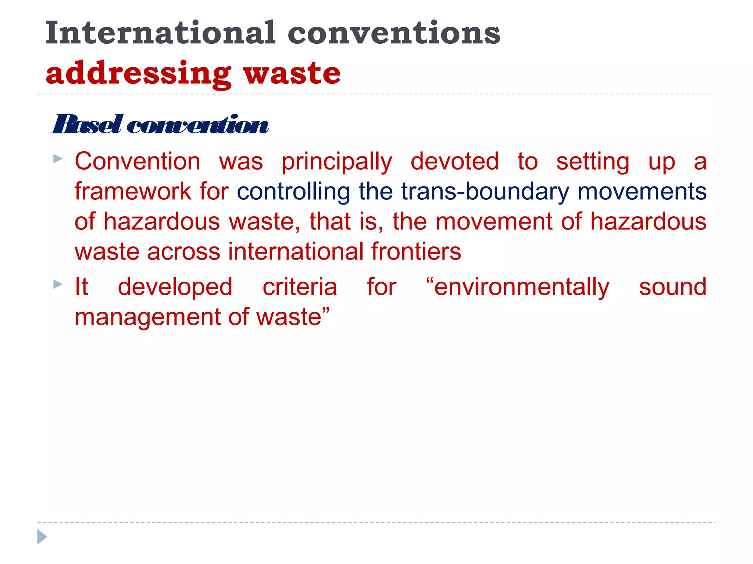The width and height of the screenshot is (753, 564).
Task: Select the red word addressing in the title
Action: pyautogui.click(x=138, y=73)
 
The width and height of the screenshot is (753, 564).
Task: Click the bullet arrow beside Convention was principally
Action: pyautogui.click(x=58, y=159)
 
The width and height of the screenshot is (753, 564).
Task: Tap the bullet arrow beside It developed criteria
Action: pyautogui.click(x=58, y=284)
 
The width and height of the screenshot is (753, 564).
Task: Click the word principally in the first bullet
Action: pyautogui.click(x=337, y=162)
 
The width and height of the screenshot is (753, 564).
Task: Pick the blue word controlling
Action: pyautogui.click(x=293, y=192)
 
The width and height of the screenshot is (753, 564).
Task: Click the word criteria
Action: pyautogui.click(x=300, y=287)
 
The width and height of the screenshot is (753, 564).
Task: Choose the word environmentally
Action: pyautogui.click(x=518, y=288)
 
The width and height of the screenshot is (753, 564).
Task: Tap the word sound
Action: pyautogui.click(x=672, y=287)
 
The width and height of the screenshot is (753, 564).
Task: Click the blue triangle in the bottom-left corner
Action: pyautogui.click(x=42, y=537)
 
